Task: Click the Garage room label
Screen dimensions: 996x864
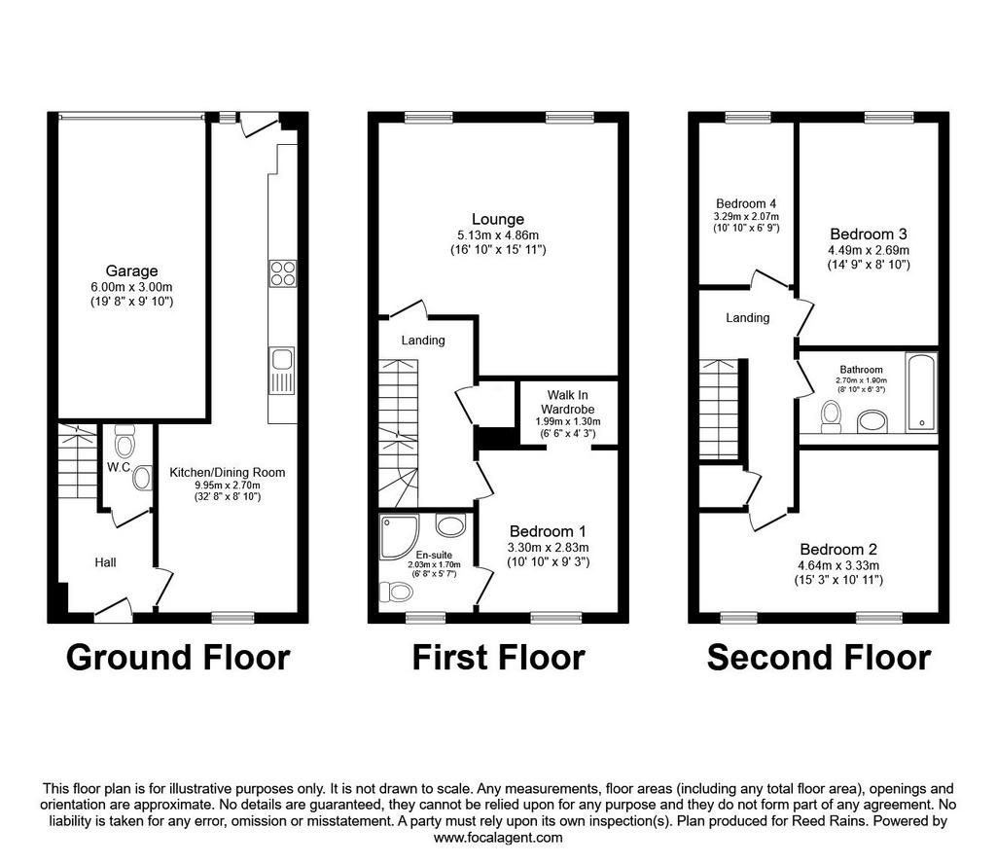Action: tap(131, 271)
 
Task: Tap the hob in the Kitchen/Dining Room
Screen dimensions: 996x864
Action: tap(283, 273)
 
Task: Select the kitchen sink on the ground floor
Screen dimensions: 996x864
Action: tap(281, 371)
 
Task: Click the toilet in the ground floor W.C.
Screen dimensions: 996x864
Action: tap(124, 442)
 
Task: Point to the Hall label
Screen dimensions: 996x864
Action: tap(105, 562)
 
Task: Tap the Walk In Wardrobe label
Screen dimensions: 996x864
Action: tap(568, 402)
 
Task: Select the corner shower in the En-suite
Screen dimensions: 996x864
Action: tap(399, 537)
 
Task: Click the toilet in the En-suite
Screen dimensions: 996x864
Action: tap(397, 592)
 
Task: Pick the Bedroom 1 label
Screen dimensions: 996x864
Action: tap(548, 531)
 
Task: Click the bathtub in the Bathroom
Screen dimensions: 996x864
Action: tap(920, 392)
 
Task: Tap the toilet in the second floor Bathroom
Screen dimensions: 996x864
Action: tap(831, 416)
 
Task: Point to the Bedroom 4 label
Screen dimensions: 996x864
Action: tap(746, 204)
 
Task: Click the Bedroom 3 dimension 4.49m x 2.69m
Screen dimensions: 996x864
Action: tap(869, 250)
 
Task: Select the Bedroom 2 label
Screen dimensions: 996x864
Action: tap(838, 550)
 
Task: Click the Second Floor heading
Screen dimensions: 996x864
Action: tap(819, 658)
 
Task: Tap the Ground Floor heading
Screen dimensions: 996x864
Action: tap(178, 658)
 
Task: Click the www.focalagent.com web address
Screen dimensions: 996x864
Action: tap(498, 838)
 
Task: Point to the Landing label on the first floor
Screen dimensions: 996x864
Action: tap(423, 341)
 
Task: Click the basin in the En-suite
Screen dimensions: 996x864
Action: tap(450, 525)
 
